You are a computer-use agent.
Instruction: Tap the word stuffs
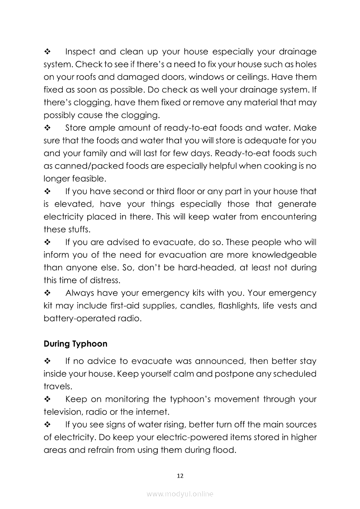coord(74,229)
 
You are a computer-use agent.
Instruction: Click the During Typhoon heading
coord(75,344)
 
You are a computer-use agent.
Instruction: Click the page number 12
coord(180,475)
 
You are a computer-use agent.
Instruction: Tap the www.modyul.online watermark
coord(180,494)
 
